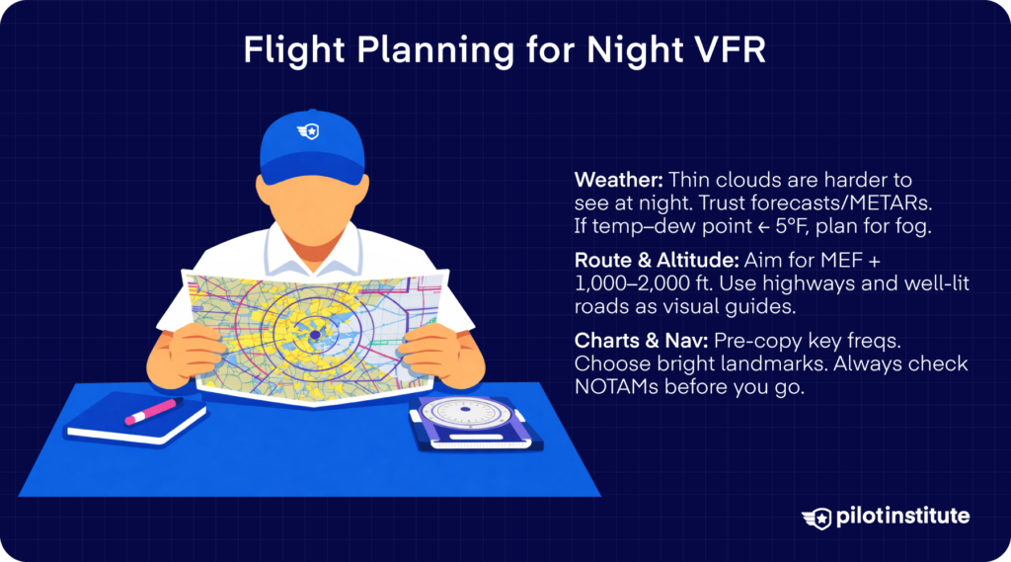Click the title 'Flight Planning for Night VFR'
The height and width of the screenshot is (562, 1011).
click(505, 51)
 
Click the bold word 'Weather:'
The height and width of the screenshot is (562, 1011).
click(618, 181)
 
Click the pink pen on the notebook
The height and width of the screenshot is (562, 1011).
click(149, 411)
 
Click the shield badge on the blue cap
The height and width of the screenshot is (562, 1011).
click(313, 131)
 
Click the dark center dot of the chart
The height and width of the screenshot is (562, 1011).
click(313, 337)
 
